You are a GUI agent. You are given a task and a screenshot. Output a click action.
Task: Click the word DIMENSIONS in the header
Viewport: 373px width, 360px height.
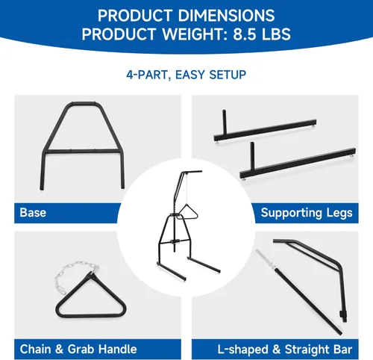pyautogui.click(x=226, y=16)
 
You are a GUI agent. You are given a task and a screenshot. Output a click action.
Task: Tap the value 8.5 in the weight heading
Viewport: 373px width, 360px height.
pyautogui.click(x=244, y=34)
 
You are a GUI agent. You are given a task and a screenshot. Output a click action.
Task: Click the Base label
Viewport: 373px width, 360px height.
pyautogui.click(x=33, y=213)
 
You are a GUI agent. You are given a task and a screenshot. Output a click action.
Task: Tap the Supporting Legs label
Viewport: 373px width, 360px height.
pyautogui.click(x=307, y=213)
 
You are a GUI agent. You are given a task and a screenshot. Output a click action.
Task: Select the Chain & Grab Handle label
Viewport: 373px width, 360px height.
pyautogui.click(x=78, y=349)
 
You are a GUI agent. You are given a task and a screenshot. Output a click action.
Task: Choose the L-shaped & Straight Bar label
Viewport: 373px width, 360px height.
pyautogui.click(x=285, y=350)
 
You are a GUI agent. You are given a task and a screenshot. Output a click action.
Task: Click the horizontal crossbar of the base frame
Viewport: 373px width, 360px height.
pyautogui.click(x=82, y=151)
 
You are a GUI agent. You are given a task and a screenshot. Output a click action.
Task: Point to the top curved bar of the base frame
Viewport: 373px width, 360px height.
pyautogui.click(x=83, y=104)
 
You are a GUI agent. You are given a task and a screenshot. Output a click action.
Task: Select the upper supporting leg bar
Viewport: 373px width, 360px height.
pyautogui.click(x=265, y=130)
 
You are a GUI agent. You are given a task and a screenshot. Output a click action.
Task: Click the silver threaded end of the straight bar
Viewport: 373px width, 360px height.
pyautogui.click(x=265, y=259)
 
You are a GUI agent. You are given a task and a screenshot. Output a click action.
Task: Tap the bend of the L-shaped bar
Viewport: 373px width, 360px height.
pyautogui.click(x=339, y=267)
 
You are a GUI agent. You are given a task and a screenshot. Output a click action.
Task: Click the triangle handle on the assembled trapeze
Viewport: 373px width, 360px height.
pyautogui.click(x=187, y=212)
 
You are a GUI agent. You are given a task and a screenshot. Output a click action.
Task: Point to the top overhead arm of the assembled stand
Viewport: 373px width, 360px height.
pyautogui.click(x=192, y=172)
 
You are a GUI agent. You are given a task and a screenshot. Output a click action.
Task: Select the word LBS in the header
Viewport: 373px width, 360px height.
pyautogui.click(x=276, y=34)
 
